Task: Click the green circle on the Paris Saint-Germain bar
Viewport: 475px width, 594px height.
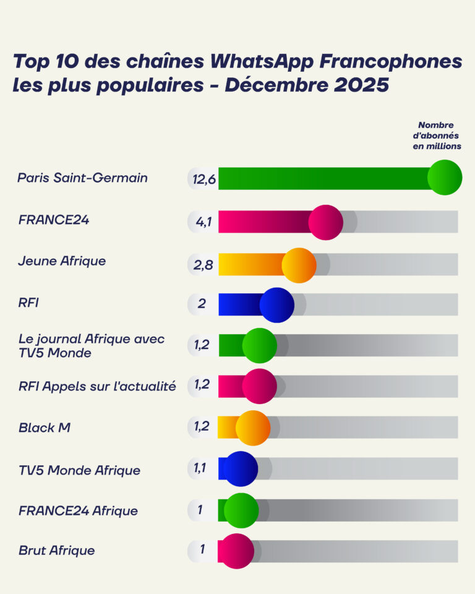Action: pos(445,178)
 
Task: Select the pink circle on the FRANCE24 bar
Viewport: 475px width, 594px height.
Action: pos(325,222)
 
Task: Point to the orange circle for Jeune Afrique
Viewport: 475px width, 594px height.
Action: pos(299,265)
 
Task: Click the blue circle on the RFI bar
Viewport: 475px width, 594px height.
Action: pos(276,305)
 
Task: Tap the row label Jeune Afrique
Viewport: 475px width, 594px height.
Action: pos(62,261)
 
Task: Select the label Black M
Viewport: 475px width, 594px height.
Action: pos(44,427)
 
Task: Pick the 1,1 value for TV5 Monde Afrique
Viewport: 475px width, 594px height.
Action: pos(200,468)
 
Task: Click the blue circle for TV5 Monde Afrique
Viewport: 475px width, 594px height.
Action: pos(240,469)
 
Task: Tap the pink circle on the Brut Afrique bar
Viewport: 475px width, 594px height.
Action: pos(236,551)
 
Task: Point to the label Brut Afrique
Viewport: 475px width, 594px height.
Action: pos(56,550)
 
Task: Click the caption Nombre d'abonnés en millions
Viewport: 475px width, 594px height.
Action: pos(437,136)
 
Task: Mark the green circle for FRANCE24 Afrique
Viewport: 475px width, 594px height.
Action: pos(241,510)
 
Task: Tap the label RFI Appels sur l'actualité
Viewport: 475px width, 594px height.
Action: pos(97,386)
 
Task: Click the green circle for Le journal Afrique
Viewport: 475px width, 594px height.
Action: pos(259,345)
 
